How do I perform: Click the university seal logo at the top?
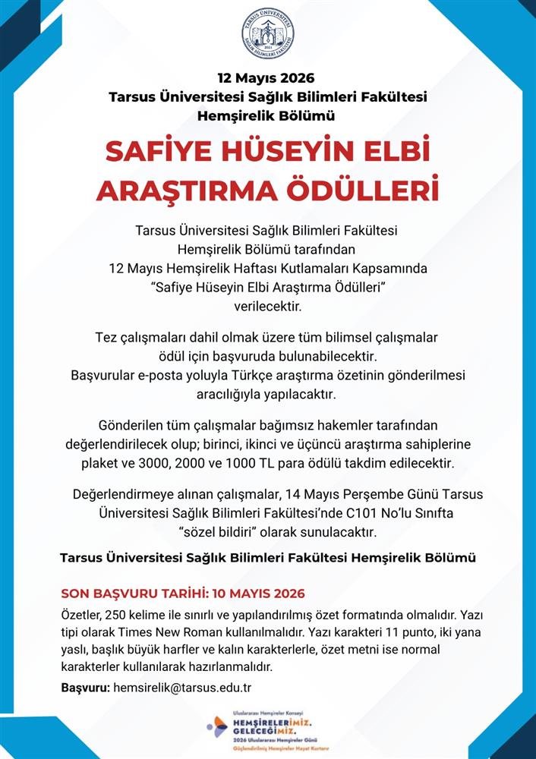[267, 34]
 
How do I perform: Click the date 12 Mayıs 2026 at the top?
[266, 78]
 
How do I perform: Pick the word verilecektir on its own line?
[268, 306]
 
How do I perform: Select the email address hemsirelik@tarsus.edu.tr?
[182, 688]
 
